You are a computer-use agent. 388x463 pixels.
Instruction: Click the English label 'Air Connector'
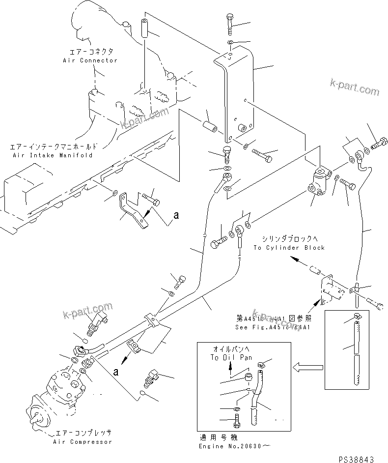tap(90, 60)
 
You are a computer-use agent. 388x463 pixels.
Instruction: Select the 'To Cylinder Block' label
tap(289, 248)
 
